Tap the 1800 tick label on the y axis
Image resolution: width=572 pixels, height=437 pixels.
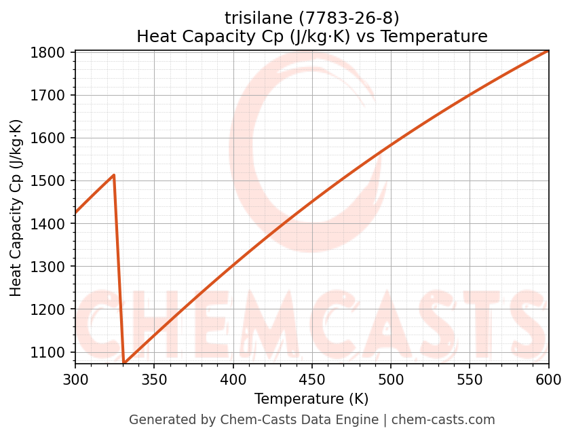pyautogui.click(x=52, y=52)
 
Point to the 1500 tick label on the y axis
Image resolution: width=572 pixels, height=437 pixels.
pyautogui.click(x=52, y=181)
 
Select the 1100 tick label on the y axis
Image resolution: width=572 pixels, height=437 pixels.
pyautogui.click(x=52, y=352)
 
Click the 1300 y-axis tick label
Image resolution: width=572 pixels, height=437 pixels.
pyautogui.click(x=52, y=267)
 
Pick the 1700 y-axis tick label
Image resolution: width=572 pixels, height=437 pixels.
pyautogui.click(x=52, y=95)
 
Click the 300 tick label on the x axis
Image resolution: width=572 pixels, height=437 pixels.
pyautogui.click(x=75, y=379)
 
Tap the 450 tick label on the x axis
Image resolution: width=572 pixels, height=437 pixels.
pyautogui.click(x=312, y=379)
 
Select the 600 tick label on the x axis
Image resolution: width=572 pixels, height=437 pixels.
pyautogui.click(x=548, y=379)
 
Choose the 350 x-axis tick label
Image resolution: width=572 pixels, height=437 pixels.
pyautogui.click(x=154, y=379)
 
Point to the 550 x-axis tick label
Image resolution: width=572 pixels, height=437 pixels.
pyautogui.click(x=470, y=379)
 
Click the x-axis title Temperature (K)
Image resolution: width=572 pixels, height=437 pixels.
pyautogui.click(x=311, y=399)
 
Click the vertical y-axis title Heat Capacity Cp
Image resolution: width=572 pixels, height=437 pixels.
pyautogui.click(x=16, y=208)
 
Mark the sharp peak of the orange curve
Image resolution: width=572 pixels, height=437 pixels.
pyautogui.click(x=114, y=175)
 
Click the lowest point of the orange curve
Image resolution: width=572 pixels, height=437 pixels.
pyautogui.click(x=124, y=363)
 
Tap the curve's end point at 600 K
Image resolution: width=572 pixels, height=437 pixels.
pyautogui.click(x=548, y=51)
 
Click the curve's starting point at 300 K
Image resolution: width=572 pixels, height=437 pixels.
pyautogui.click(x=76, y=212)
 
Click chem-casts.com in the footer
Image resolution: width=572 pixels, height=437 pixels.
pyautogui.click(x=443, y=420)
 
